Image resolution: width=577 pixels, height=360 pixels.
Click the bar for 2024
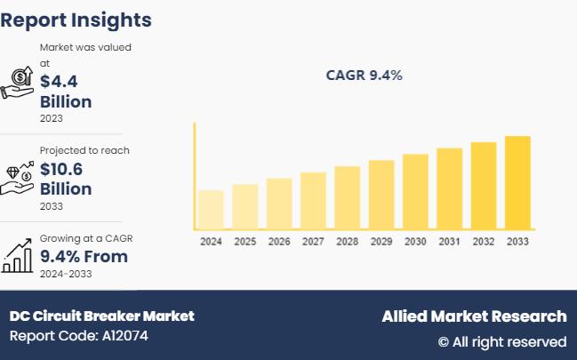(x=211, y=209)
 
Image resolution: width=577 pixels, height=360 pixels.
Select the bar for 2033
(x=517, y=182)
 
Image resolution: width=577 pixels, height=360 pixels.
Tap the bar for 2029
(x=381, y=195)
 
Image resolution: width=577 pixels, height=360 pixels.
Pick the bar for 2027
(x=313, y=201)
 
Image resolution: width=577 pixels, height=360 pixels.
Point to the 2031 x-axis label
(x=450, y=242)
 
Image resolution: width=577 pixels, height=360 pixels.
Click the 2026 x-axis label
(x=279, y=242)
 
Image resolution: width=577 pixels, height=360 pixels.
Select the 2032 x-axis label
(x=484, y=242)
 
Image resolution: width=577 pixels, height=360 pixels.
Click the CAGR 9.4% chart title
(x=365, y=76)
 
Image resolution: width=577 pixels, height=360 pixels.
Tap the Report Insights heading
(x=76, y=20)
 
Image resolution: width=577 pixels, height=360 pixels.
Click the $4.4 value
(x=58, y=81)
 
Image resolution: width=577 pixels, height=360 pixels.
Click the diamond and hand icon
(x=18, y=178)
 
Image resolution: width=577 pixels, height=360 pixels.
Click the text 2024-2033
(x=66, y=274)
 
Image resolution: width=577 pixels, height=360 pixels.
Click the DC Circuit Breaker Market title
(x=101, y=316)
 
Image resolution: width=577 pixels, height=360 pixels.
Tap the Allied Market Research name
(x=474, y=316)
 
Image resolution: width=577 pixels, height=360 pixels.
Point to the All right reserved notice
(x=501, y=341)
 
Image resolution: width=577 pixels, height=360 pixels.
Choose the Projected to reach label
(x=84, y=150)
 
